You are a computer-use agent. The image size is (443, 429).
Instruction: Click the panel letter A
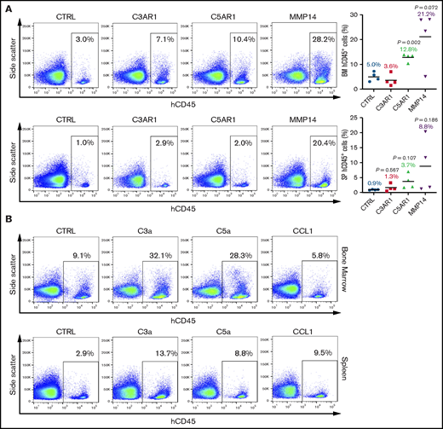tap(8, 7)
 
